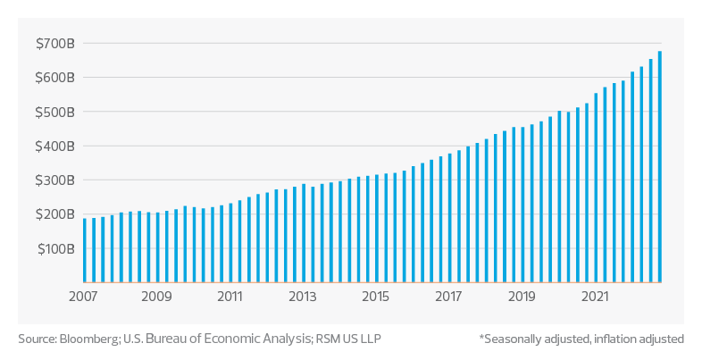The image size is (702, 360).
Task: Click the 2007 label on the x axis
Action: [83, 296]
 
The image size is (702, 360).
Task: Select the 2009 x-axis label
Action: [156, 296]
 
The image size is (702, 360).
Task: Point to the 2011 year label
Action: [230, 296]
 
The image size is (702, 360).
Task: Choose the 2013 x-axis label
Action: [303, 296]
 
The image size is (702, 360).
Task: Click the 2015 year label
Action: [376, 296]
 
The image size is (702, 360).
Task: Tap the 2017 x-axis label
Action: [449, 296]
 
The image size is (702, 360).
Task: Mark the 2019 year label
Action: [522, 296]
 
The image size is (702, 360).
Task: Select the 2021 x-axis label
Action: [595, 296]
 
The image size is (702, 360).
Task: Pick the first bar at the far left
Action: [85, 250]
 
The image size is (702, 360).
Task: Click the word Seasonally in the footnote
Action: [513, 339]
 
